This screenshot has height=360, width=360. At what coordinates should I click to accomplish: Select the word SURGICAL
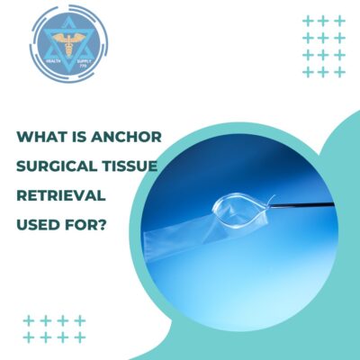click(53, 166)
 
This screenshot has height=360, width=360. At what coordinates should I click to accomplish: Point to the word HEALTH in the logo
click(46, 53)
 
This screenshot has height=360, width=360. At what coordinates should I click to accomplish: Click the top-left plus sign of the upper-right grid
click(308, 20)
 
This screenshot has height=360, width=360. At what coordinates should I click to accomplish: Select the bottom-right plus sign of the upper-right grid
click(340, 71)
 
